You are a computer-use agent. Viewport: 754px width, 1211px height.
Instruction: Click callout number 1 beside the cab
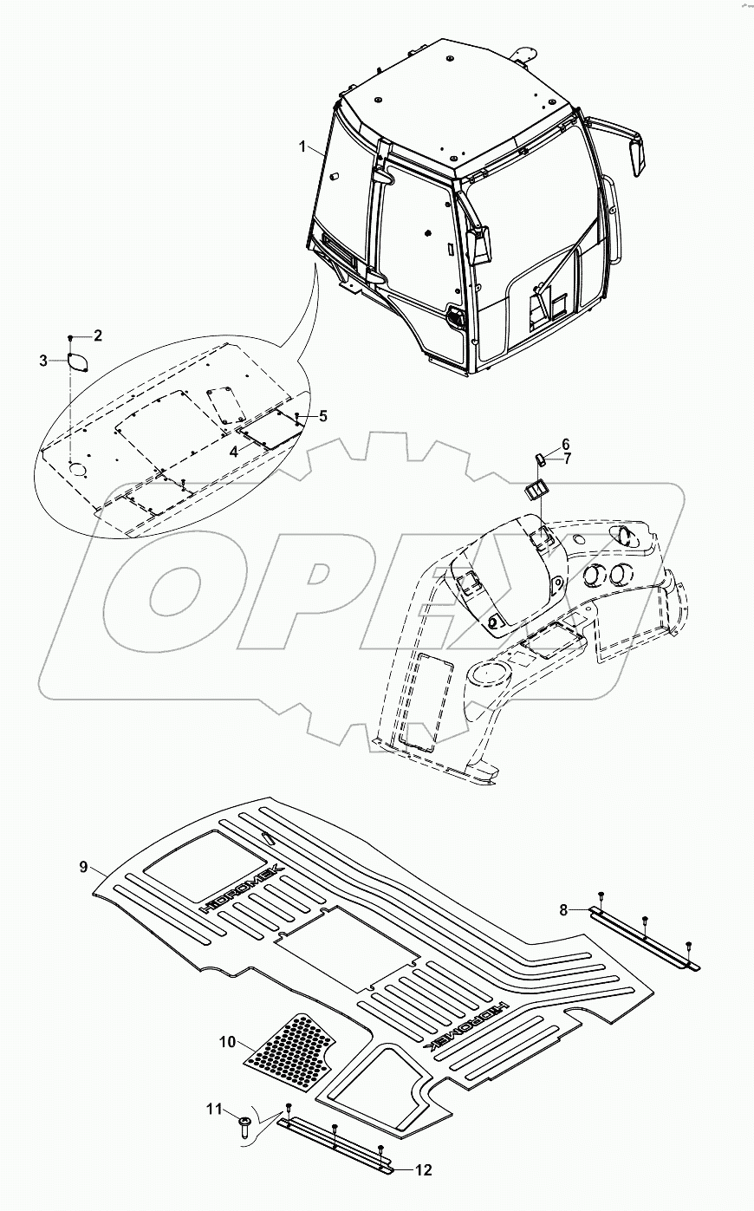(x=302, y=147)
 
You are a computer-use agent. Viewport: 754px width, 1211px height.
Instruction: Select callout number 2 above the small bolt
(x=98, y=335)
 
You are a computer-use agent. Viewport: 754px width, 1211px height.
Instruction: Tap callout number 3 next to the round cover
(x=43, y=361)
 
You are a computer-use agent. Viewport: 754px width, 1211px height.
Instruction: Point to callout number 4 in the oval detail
(x=233, y=451)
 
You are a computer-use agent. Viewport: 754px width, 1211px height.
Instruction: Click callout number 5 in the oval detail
(x=322, y=416)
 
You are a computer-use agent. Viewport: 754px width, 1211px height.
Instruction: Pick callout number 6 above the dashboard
(x=565, y=443)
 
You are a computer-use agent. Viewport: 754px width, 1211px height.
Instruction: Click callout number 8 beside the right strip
(x=563, y=909)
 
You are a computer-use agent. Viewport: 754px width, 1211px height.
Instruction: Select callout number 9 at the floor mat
(x=84, y=866)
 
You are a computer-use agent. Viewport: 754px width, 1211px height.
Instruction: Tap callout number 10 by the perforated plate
(x=227, y=1041)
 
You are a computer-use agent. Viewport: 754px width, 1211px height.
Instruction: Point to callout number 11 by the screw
(x=213, y=1109)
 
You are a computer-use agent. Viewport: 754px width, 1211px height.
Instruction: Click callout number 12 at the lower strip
(x=424, y=1170)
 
